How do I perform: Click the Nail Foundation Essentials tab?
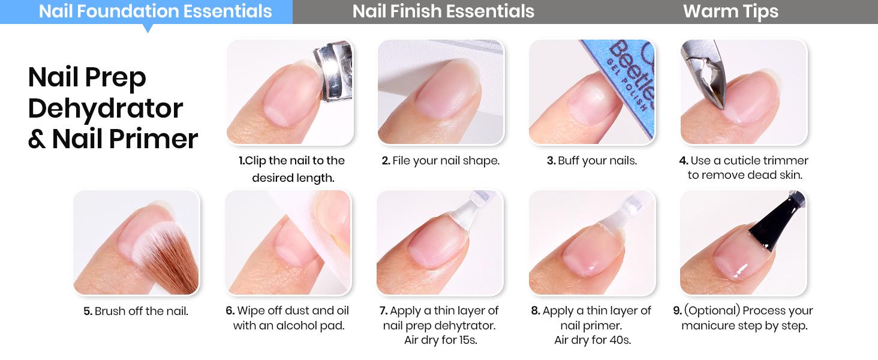tap(155, 11)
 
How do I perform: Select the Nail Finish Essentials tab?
tap(443, 11)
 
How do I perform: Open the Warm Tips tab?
tap(730, 11)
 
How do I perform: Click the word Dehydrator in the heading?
tap(106, 109)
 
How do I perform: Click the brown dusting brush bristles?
tap(171, 264)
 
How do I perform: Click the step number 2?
tap(386, 161)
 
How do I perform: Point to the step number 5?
tap(88, 311)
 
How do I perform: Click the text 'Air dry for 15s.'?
tap(440, 340)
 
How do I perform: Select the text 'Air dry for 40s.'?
tap(593, 340)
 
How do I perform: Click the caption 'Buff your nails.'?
tap(597, 161)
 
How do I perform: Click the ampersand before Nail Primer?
tap(37, 139)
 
